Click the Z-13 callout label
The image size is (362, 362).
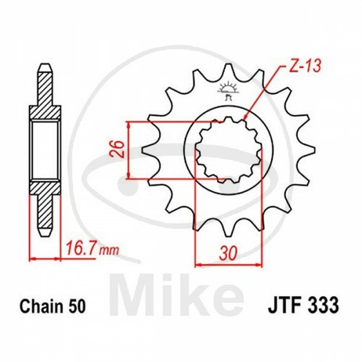point(302,67)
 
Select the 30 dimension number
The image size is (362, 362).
point(228,253)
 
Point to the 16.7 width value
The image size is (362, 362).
point(80,249)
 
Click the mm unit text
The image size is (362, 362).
point(108,251)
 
